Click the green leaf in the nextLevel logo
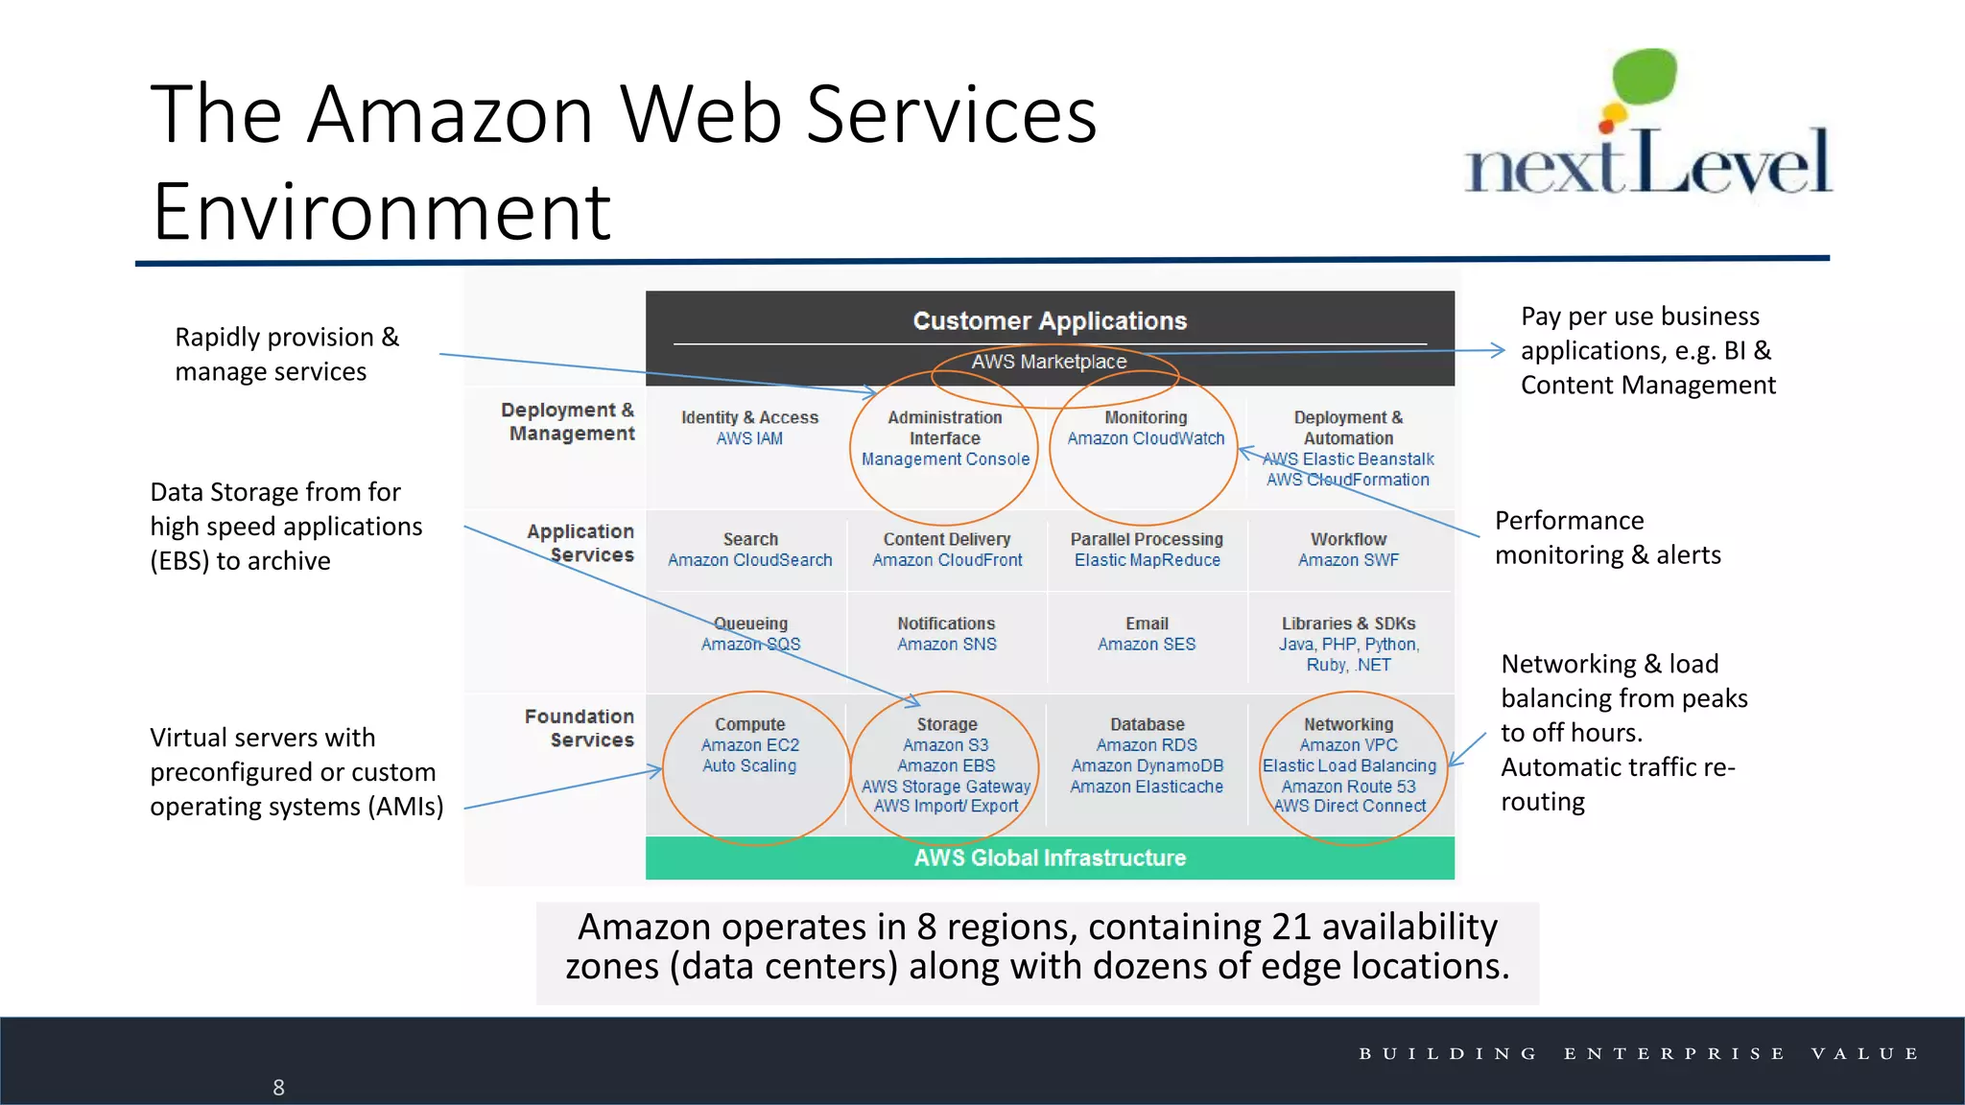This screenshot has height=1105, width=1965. [x=1645, y=77]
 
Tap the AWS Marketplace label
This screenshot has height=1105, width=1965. [x=1049, y=362]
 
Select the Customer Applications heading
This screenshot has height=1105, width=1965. [x=1050, y=320]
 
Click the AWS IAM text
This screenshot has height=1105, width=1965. [x=749, y=438]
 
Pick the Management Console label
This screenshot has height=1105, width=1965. [x=945, y=459]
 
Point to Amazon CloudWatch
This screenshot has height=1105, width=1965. [x=1146, y=438]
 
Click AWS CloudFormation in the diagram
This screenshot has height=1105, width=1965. [x=1347, y=480]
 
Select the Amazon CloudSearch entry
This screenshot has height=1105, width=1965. [x=749, y=560]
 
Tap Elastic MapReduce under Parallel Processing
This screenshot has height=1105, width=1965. [x=1147, y=560]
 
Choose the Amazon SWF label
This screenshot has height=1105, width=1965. [x=1348, y=560]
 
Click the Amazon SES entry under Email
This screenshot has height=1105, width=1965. [x=1147, y=645]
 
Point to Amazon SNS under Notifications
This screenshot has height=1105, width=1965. [x=946, y=645]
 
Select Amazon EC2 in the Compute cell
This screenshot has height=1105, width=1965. [x=749, y=745]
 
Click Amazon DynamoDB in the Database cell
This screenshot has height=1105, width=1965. [x=1147, y=765]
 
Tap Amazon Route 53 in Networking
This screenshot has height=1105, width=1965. [x=1348, y=787]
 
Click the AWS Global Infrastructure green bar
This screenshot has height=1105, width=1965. [x=1050, y=858]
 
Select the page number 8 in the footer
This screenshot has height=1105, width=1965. [x=278, y=1088]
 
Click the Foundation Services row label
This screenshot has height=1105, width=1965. [x=580, y=728]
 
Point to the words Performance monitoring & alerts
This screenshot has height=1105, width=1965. [x=1607, y=537]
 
